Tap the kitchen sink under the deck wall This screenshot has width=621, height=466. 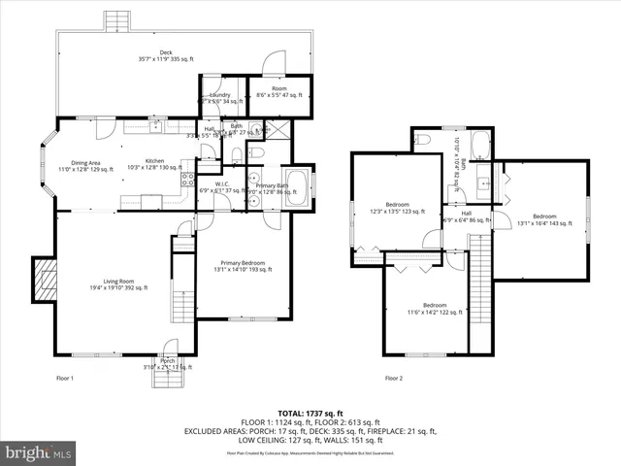tap(154, 124)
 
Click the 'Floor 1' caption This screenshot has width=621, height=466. tap(64, 378)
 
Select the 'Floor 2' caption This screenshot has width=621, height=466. tap(393, 378)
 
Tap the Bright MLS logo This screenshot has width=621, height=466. tap(38, 452)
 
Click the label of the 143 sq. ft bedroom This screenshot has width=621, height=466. tap(543, 217)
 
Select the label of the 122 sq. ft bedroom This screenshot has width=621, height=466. tap(427, 307)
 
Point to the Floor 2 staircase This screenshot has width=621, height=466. tap(480, 291)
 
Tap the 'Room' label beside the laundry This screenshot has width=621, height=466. tap(278, 89)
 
